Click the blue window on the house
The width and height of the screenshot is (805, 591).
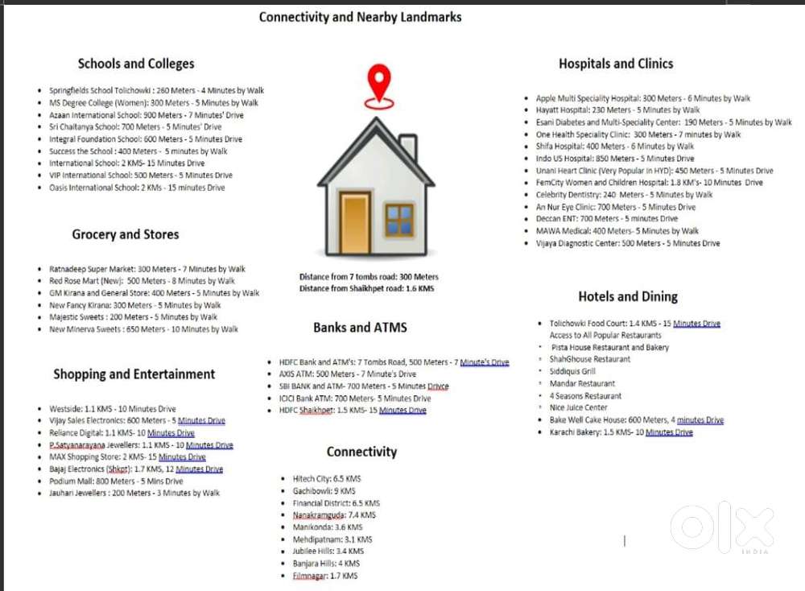click(x=398, y=219)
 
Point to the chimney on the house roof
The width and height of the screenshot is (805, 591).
click(x=408, y=147)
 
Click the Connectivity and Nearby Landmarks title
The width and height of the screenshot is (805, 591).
click(x=360, y=17)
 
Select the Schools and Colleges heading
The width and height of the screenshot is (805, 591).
click(x=136, y=64)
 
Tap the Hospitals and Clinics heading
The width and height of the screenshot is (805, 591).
click(x=616, y=64)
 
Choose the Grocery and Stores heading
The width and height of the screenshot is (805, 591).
click(x=126, y=234)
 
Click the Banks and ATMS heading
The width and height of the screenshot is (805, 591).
click(x=360, y=327)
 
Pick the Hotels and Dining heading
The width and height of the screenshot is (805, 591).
click(x=628, y=296)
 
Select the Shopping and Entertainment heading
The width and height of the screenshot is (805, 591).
click(x=134, y=374)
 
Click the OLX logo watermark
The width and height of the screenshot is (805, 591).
click(x=722, y=527)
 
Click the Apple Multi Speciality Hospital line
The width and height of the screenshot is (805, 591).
click(x=642, y=98)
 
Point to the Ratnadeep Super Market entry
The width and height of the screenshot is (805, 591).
click(x=147, y=269)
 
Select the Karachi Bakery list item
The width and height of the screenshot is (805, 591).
click(x=621, y=432)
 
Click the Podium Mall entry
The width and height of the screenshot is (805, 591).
click(x=116, y=481)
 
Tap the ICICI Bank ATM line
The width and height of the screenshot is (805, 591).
click(x=355, y=399)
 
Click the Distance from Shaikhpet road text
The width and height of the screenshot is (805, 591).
click(x=366, y=288)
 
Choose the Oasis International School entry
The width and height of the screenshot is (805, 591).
click(x=137, y=188)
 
